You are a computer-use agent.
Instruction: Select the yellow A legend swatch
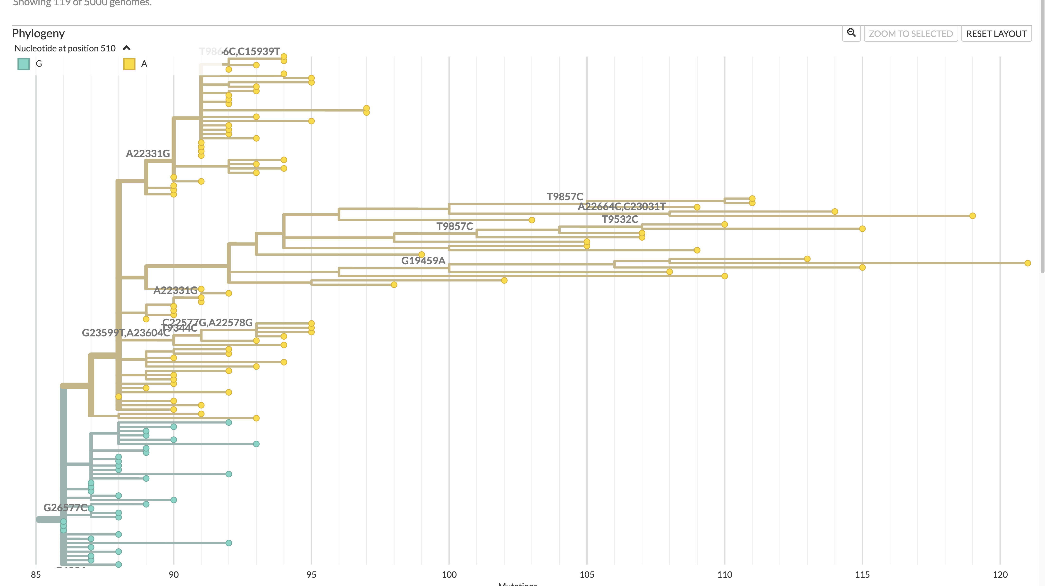point(129,64)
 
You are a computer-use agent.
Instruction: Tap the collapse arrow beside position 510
point(126,48)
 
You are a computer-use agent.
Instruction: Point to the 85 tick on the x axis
point(36,574)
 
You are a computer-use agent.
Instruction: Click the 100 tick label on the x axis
point(449,574)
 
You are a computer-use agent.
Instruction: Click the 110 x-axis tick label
point(724,574)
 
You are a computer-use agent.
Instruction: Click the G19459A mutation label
point(423,260)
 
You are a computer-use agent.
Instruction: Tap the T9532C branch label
point(619,219)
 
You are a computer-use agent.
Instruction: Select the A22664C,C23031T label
point(621,207)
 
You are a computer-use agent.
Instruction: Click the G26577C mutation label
point(65,507)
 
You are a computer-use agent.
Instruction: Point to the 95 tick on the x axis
point(311,574)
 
